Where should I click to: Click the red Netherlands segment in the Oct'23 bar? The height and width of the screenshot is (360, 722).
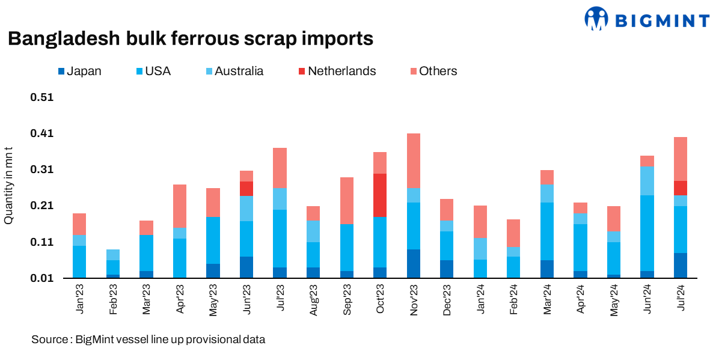click(380, 195)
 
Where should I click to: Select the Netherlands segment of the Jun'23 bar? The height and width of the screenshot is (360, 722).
click(246, 188)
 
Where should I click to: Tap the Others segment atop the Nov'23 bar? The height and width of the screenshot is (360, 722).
click(414, 160)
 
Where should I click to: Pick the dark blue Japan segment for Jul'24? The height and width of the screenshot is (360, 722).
click(681, 265)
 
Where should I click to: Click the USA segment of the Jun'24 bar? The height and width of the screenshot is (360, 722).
click(647, 233)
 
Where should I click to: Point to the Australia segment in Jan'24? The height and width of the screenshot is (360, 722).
click(480, 248)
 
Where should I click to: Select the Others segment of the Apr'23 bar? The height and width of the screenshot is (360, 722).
click(179, 206)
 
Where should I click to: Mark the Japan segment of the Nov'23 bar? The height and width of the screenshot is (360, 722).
click(414, 263)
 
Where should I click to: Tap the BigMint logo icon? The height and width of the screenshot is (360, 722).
click(596, 19)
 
